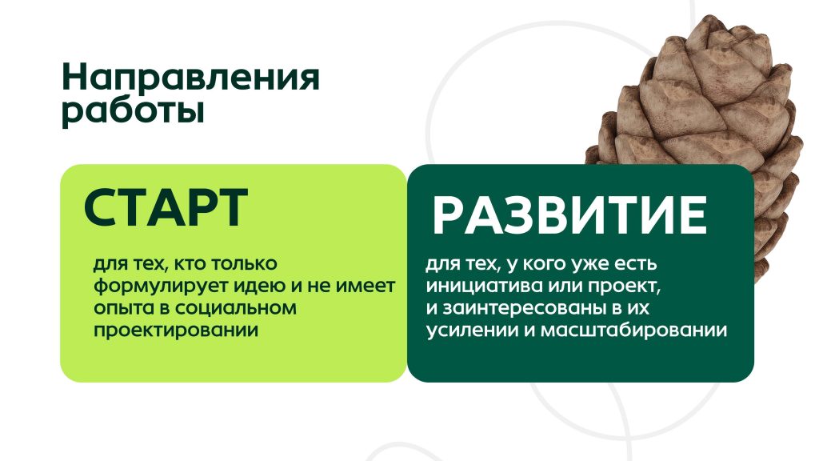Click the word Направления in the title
point(190,78)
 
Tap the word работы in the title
point(133,111)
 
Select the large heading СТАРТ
point(166,207)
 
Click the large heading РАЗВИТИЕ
point(569,214)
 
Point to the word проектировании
point(176,331)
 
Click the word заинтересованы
point(525,308)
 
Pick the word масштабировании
point(633,331)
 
